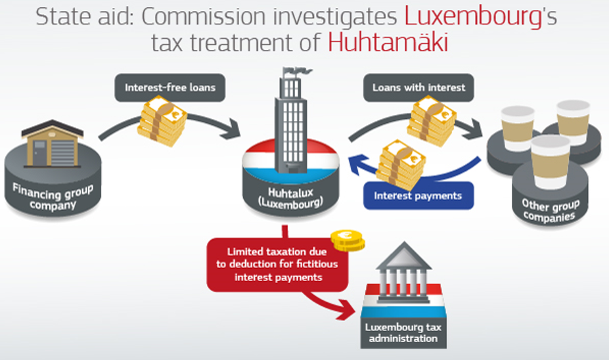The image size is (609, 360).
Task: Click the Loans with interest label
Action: coord(418,87)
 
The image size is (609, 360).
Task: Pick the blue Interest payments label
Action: coord(418,196)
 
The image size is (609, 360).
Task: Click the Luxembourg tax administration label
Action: coord(403,334)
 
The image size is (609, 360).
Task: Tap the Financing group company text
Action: coord(53,198)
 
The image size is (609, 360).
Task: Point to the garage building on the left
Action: coord(52,143)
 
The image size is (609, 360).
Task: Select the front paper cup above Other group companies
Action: coord(550,162)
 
